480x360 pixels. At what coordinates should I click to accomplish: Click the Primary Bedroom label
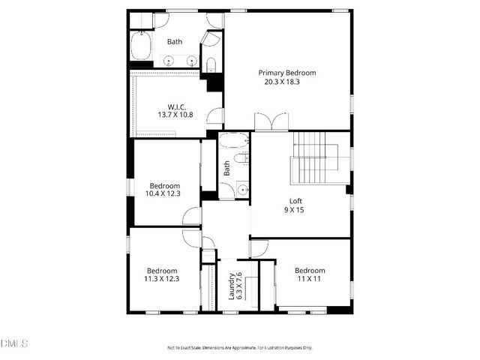tap(287, 73)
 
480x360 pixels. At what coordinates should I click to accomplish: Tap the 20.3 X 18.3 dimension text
tap(287, 82)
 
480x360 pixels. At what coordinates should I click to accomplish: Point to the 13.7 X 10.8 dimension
tap(175, 115)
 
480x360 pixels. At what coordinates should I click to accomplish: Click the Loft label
tap(296, 200)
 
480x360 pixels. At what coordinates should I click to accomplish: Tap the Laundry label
tap(232, 286)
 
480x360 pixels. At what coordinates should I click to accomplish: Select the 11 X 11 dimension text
tap(310, 280)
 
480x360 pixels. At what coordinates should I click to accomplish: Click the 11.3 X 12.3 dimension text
tap(162, 280)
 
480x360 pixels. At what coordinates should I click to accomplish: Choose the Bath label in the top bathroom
tap(175, 42)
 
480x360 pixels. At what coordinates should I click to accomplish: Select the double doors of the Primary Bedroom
tap(271, 122)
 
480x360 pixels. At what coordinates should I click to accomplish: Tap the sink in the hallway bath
tap(242, 189)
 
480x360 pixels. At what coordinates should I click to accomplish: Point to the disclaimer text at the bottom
tap(240, 347)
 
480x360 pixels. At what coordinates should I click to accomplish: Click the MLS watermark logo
tap(14, 343)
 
